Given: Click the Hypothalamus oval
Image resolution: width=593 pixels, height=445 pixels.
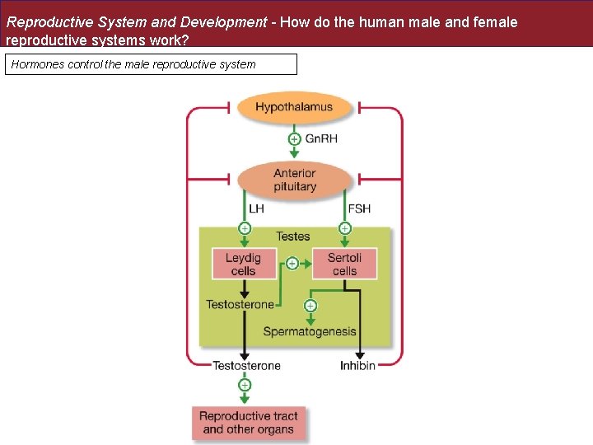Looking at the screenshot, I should [294, 107].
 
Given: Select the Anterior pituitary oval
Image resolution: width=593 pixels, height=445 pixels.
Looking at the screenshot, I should [294, 180].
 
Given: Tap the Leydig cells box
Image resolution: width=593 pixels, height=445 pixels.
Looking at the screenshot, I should [243, 264].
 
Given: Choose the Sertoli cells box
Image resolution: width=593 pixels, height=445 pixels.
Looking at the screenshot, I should [344, 264].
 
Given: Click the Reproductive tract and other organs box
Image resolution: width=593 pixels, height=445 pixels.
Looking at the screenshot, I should [250, 423].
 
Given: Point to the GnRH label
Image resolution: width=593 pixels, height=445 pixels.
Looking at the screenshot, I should [321, 138].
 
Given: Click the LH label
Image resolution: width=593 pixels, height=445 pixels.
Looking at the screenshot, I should [256, 208].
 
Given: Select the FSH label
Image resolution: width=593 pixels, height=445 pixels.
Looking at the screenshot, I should [359, 208].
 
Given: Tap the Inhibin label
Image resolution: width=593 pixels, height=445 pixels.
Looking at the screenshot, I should [357, 365].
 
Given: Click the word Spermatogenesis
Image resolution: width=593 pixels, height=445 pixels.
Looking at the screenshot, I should [310, 331].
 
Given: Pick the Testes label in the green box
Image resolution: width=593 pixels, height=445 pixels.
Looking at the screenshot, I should [292, 237].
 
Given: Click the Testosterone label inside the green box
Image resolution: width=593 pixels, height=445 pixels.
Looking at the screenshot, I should [240, 304].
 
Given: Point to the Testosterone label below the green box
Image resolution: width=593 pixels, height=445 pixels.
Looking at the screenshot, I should [246, 365].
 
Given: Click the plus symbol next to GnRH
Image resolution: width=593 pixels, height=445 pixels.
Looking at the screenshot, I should [294, 138].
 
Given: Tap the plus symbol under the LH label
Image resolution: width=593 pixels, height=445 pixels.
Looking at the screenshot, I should [245, 227].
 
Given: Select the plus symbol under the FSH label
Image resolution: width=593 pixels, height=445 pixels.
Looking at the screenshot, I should [345, 227].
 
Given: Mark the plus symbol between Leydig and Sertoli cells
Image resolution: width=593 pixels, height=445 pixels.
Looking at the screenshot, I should [292, 264].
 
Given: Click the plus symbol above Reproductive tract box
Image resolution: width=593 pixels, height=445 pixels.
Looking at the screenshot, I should [245, 385].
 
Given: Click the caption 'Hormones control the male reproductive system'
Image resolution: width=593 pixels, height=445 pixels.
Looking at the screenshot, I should [133, 64].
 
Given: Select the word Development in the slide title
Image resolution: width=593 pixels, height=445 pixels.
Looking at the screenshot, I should [223, 22].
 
